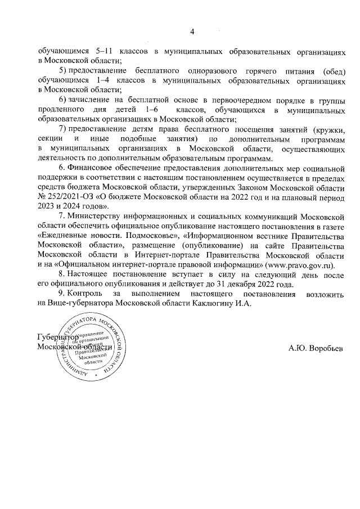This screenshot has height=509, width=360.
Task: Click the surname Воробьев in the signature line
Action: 324,348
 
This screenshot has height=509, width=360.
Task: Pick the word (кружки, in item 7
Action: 329,129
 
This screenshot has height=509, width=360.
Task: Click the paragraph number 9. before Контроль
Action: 62,294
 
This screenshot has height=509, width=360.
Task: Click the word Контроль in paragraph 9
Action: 90,294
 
